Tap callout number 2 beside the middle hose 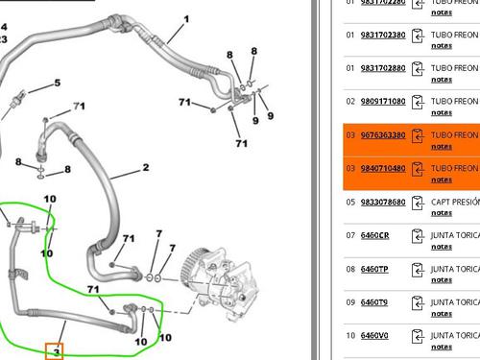(146, 168)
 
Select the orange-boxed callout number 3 (57, 351)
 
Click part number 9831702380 (382, 35)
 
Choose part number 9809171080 (382, 101)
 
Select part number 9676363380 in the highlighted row (382, 135)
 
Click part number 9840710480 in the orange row (382, 168)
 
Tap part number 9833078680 (382, 203)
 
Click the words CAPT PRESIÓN (455, 203)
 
